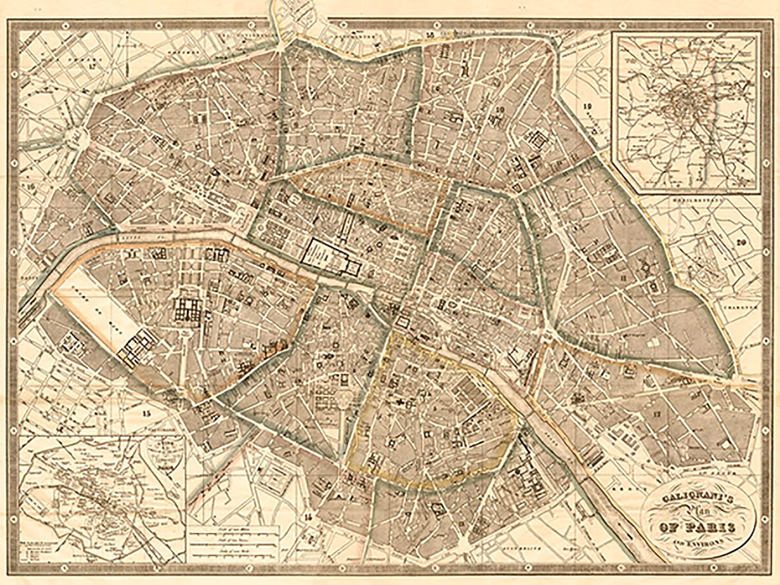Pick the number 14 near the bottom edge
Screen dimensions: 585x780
309,517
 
